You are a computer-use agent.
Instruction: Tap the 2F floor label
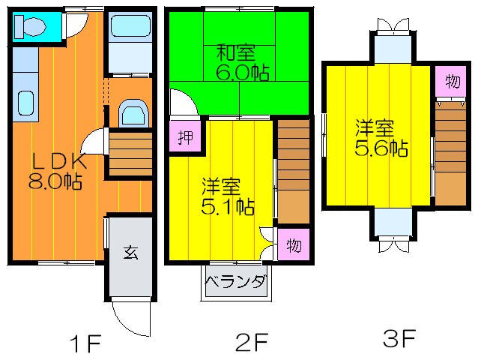click(x=252, y=344)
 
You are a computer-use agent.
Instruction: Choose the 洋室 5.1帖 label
click(x=226, y=194)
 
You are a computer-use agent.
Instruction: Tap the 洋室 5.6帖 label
click(x=381, y=138)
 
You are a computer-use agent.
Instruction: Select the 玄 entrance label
click(x=131, y=252)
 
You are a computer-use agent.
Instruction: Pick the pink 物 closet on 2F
click(x=294, y=244)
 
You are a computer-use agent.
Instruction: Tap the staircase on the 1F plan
click(x=130, y=151)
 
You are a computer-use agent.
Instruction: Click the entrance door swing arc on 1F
click(x=131, y=319)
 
